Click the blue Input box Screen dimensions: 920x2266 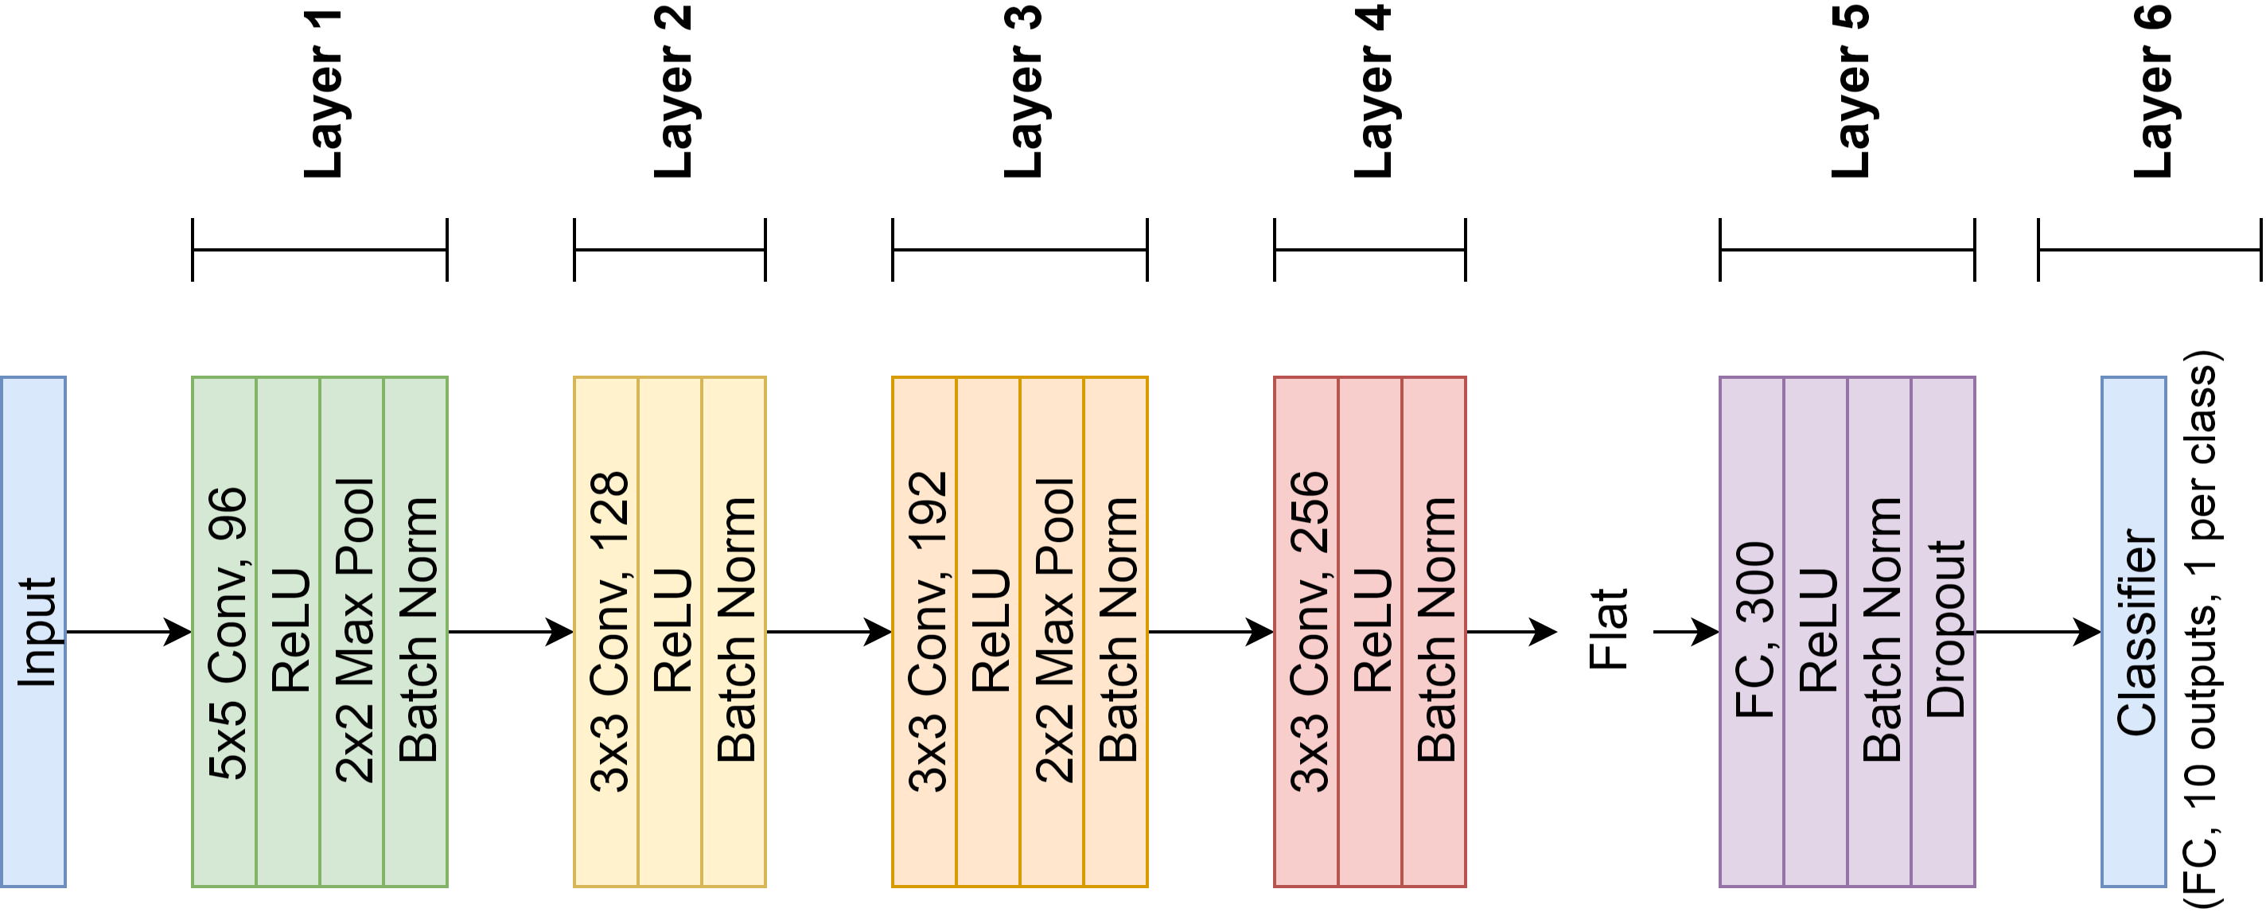[x=33, y=632]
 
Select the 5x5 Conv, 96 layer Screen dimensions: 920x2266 [x=224, y=632]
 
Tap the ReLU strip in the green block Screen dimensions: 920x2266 [x=289, y=632]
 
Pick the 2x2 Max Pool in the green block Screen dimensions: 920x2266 [x=352, y=632]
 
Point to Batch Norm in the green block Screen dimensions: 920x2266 [x=416, y=632]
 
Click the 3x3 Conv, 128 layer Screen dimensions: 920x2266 [x=606, y=632]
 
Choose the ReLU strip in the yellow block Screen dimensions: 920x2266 [x=670, y=632]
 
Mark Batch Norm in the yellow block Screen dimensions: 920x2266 [x=734, y=632]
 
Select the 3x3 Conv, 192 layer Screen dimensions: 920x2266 [x=925, y=632]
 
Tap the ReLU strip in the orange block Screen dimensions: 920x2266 [x=989, y=632]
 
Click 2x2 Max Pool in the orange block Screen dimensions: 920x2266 [x=1052, y=632]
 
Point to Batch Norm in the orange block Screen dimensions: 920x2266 [x=1116, y=632]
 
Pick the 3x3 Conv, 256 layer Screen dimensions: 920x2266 [x=1306, y=632]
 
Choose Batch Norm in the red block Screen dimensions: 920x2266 [x=1435, y=632]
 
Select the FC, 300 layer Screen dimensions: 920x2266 [x=1752, y=632]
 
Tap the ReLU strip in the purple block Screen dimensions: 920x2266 [x=1816, y=632]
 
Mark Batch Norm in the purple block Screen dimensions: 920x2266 [x=1880, y=632]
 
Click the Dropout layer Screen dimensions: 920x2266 [x=1944, y=632]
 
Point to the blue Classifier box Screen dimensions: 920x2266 [x=2134, y=632]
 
